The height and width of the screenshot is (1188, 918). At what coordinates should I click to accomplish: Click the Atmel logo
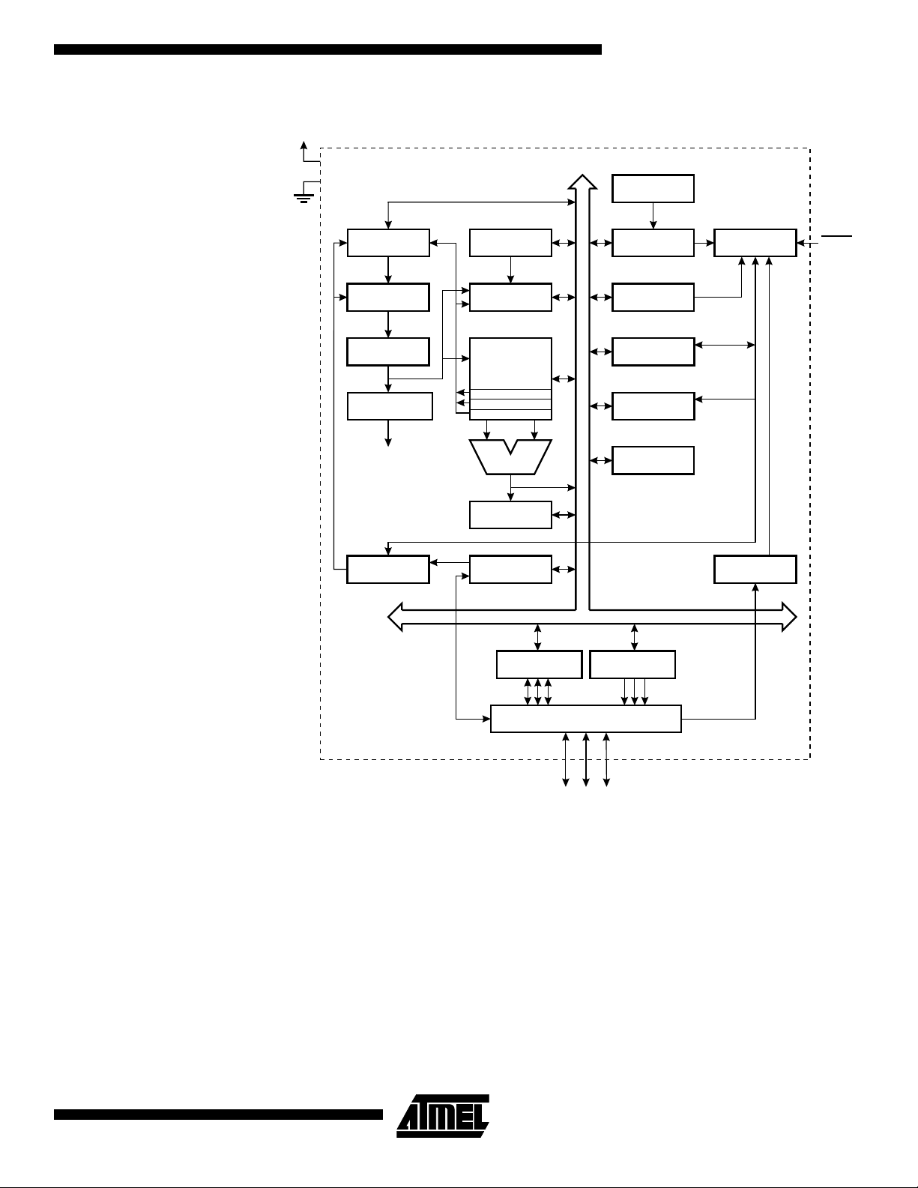pos(443,1116)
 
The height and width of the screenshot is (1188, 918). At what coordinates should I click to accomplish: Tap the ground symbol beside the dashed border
pos(304,198)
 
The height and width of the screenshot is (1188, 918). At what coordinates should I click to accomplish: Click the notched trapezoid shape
pos(510,456)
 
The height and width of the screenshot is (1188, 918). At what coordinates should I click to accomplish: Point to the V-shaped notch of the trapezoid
pos(510,447)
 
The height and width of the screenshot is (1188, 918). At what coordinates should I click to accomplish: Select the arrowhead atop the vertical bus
pos(582,182)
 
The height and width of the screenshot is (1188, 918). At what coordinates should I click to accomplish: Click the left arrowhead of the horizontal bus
pos(395,617)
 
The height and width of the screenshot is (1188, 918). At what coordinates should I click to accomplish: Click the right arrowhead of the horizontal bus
pos(790,617)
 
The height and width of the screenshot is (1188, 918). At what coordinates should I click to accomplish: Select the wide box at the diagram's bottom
pos(586,718)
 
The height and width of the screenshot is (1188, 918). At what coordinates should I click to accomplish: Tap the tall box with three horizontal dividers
pos(510,379)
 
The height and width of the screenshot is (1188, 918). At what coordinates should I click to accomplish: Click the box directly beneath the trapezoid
pos(510,515)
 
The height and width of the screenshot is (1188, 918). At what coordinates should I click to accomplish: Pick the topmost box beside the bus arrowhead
pos(653,189)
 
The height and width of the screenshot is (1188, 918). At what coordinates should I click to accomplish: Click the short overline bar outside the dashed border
pos(836,236)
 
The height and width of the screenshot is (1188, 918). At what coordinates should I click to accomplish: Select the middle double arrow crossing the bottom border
pos(586,760)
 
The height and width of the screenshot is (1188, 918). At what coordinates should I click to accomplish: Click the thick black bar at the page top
pos(328,49)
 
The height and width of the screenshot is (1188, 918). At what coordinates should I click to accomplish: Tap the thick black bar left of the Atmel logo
pos(218,1115)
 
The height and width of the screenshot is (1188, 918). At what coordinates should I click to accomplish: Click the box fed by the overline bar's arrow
pos(755,243)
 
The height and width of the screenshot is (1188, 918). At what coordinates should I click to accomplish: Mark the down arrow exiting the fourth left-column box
pos(388,433)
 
